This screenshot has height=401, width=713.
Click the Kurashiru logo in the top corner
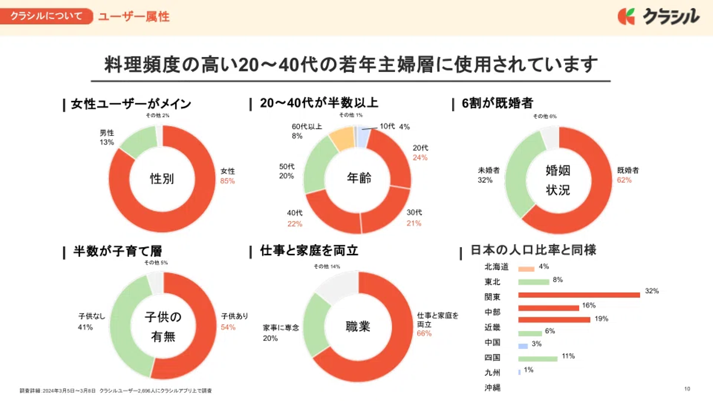658,16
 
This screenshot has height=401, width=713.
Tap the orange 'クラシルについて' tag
47,16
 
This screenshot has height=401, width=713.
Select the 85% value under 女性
227,181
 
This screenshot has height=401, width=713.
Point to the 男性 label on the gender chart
107,133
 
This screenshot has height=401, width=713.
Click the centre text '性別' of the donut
162,179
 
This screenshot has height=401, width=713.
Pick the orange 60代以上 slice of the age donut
341,138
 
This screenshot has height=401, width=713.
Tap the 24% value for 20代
420,157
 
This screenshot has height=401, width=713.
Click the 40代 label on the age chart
295,213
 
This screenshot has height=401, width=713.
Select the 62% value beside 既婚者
624,180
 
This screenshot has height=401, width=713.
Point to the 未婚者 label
489,170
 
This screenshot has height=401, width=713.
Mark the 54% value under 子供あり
228,327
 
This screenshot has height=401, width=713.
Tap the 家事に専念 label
281,328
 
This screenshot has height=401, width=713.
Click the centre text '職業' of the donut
357,327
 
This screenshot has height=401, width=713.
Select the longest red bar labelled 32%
579,295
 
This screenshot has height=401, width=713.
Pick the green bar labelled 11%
538,359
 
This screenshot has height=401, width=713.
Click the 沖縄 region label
492,388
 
